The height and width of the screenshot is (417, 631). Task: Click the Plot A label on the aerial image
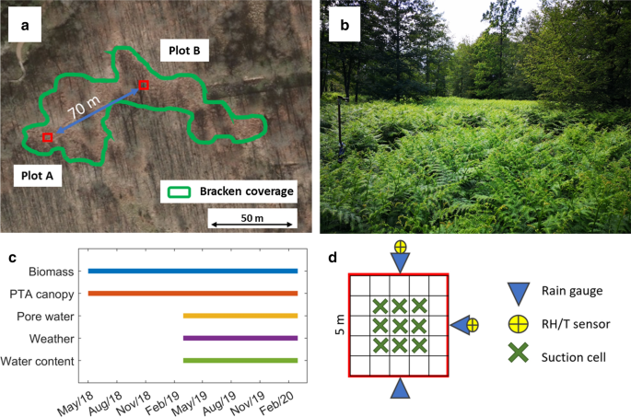coord(37,175)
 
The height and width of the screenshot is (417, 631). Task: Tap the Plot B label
coord(184,50)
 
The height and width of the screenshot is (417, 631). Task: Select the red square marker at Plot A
coord(47,137)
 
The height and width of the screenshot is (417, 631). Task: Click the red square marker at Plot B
coord(143,86)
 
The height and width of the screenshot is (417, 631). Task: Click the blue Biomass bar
coord(193,271)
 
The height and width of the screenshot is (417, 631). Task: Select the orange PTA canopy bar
coord(193,293)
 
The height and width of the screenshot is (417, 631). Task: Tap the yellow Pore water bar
coord(240,316)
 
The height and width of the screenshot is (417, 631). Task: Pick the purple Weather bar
coord(240,338)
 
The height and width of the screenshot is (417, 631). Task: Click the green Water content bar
coord(240,360)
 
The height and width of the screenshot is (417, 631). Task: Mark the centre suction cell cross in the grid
coord(400,325)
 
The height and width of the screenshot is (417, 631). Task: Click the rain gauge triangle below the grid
coord(400,389)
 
